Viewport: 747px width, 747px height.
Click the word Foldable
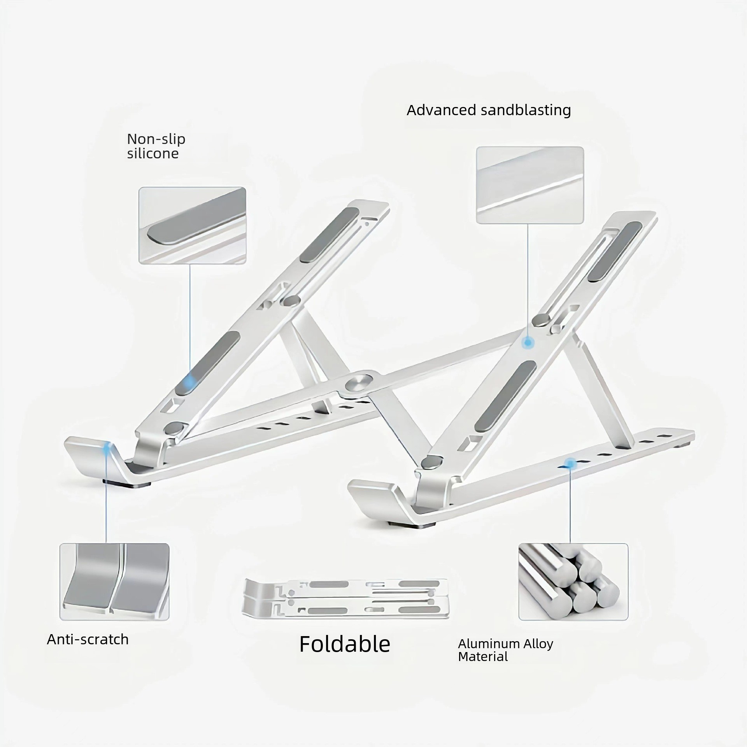pyautogui.click(x=344, y=644)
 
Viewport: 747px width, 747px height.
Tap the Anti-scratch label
pyautogui.click(x=88, y=640)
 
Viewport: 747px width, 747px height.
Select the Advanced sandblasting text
pyautogui.click(x=489, y=110)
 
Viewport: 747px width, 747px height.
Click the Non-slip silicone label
pyautogui.click(x=156, y=146)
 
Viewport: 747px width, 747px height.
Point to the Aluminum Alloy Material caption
pyautogui.click(x=505, y=650)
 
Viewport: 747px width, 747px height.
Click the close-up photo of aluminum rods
pyautogui.click(x=573, y=582)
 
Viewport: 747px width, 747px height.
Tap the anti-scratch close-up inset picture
pyautogui.click(x=114, y=582)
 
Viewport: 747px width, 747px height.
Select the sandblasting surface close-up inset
pyautogui.click(x=530, y=185)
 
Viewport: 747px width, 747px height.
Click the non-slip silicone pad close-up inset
pyautogui.click(x=193, y=226)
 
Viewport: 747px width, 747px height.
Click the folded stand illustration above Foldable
pyautogui.click(x=344, y=598)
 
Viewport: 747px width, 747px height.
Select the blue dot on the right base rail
pyautogui.click(x=570, y=463)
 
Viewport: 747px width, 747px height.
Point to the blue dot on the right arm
pyautogui.click(x=528, y=342)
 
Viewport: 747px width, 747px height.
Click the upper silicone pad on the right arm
pyautogui.click(x=615, y=252)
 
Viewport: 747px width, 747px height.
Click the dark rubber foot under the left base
pyautogui.click(x=127, y=482)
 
